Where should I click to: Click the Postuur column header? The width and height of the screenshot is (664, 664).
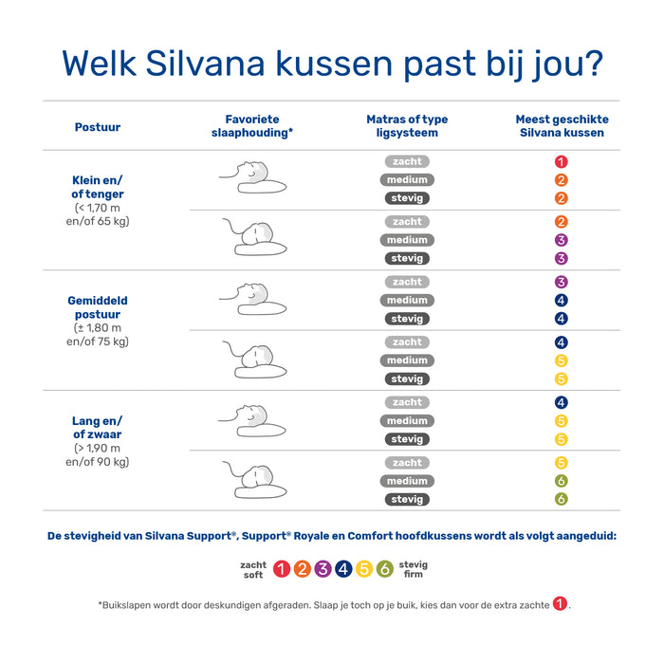[98, 126]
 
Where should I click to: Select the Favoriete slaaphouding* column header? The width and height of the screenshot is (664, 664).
[251, 126]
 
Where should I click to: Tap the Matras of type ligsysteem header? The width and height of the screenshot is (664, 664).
[407, 126]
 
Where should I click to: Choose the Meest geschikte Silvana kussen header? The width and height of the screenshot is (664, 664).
[562, 126]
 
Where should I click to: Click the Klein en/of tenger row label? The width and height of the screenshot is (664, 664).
[98, 187]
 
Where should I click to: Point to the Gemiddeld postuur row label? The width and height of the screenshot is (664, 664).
[98, 307]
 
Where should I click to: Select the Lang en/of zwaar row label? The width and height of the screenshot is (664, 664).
[98, 428]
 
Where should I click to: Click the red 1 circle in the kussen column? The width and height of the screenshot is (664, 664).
[562, 162]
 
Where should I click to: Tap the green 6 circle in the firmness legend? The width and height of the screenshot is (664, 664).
[384, 569]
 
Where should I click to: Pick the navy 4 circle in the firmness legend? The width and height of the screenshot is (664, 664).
[343, 569]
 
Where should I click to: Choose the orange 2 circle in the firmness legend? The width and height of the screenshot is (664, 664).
[302, 569]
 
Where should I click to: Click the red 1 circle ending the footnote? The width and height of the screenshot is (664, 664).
[561, 604]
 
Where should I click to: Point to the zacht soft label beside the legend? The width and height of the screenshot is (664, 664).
[253, 569]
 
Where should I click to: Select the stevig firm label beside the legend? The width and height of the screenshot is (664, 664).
[414, 569]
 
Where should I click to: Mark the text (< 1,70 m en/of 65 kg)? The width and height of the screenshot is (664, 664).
[101, 214]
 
